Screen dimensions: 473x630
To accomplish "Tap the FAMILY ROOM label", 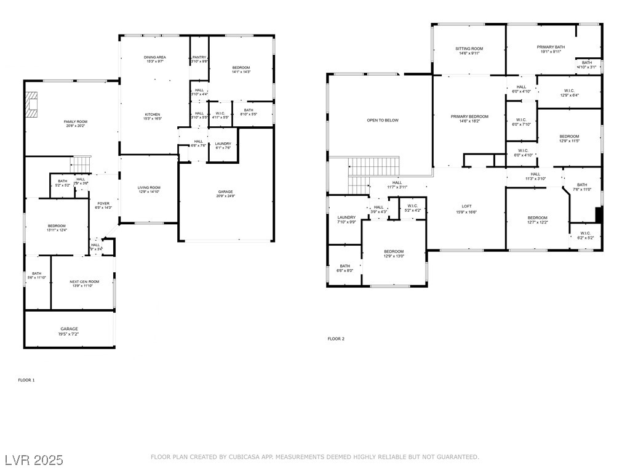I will [76, 122].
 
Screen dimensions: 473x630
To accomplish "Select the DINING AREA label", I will [155, 57].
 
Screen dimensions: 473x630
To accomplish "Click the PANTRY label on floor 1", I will [199, 57].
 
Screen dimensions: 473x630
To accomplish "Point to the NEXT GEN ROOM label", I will [84, 281].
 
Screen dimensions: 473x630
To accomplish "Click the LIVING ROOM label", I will [149, 187].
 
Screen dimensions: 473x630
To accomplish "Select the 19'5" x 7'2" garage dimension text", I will [69, 334].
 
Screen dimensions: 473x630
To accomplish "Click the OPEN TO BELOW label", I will [383, 120].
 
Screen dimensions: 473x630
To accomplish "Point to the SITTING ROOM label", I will [469, 49].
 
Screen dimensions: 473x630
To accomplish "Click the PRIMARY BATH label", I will [551, 47].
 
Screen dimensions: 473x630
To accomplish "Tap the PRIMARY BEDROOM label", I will [469, 116].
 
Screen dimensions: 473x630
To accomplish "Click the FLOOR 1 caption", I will [26, 380].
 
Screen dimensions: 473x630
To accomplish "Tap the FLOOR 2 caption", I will [336, 339].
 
